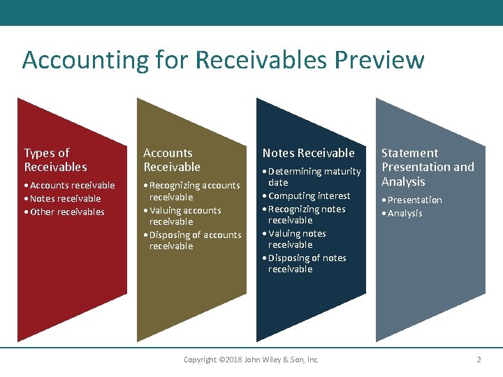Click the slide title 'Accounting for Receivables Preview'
click(x=223, y=60)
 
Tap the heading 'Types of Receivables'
click(x=55, y=160)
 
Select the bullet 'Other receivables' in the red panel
click(x=66, y=212)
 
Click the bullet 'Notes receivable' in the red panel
click(x=65, y=199)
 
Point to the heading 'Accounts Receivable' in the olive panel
click(x=171, y=160)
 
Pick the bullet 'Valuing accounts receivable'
click(x=184, y=216)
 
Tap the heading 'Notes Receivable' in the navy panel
click(x=308, y=153)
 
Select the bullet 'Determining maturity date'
click(x=314, y=177)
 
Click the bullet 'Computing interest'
click(x=309, y=196)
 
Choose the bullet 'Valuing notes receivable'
click(x=296, y=239)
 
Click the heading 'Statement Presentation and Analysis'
click(x=427, y=167)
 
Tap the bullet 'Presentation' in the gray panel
click(x=414, y=200)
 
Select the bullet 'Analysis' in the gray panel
click(x=404, y=214)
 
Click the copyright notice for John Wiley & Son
click(x=251, y=360)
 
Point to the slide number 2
click(x=479, y=360)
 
